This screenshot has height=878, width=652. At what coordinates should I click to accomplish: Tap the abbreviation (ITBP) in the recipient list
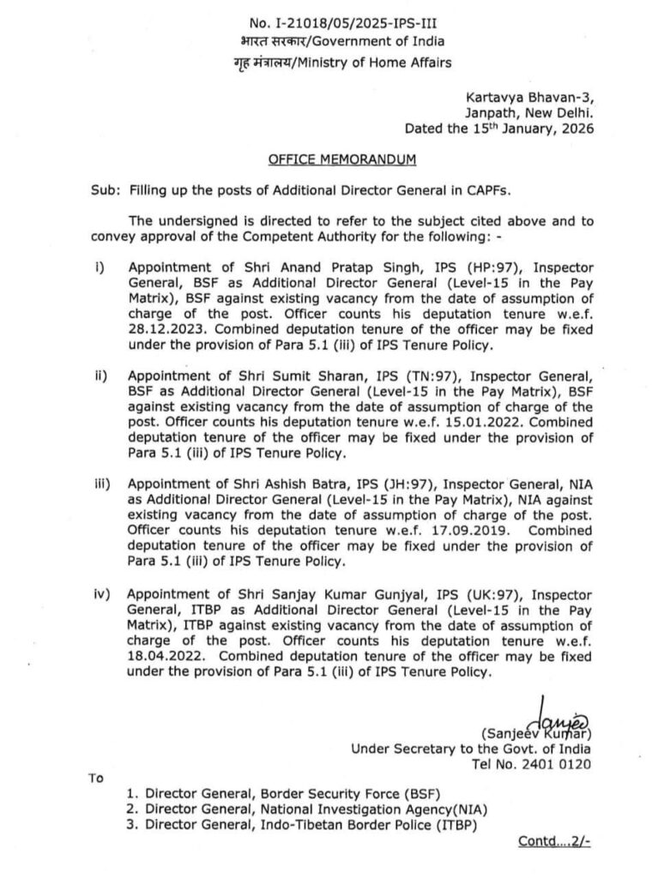tap(451, 825)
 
